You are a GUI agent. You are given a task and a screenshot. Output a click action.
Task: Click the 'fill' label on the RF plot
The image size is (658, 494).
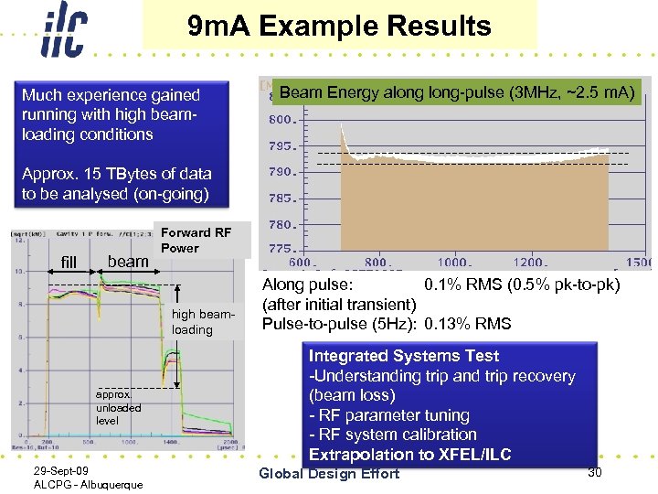[x=69, y=263]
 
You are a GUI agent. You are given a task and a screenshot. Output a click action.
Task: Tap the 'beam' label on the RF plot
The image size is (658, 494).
[x=128, y=262]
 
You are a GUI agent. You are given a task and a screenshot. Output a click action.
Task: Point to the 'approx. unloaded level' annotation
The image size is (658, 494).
[x=119, y=407]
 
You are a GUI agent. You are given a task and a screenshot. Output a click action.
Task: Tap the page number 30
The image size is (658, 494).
[x=595, y=471]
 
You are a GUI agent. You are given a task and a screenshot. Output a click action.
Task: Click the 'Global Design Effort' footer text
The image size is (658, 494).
[x=329, y=473]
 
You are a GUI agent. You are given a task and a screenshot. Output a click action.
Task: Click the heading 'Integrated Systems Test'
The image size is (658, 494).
[x=404, y=356]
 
